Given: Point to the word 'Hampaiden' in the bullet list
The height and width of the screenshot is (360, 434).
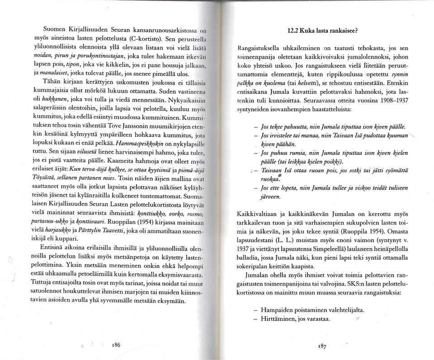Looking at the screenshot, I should click(x=279, y=310).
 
